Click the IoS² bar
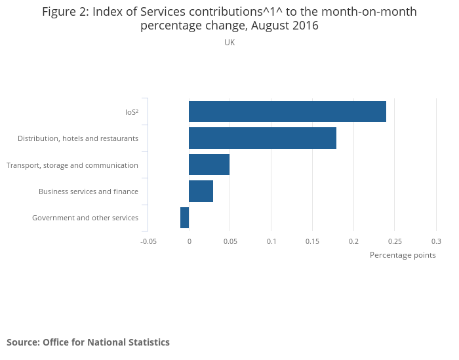point(287,111)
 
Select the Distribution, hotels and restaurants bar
point(262,138)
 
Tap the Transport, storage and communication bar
point(209,165)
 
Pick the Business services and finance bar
point(201,191)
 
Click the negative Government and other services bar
point(184,218)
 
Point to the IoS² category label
point(131,112)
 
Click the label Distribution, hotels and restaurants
point(78,138)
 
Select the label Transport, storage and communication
point(72,165)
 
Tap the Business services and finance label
point(89,191)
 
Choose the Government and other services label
point(85,218)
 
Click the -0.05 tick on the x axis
point(149,241)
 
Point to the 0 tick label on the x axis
point(189,241)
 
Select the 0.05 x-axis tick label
point(230,241)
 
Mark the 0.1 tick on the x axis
point(271,241)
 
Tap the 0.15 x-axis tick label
point(313,241)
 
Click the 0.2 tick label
point(354,241)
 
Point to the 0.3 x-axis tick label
point(436,241)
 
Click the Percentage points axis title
point(403,255)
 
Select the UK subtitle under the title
point(229,43)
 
